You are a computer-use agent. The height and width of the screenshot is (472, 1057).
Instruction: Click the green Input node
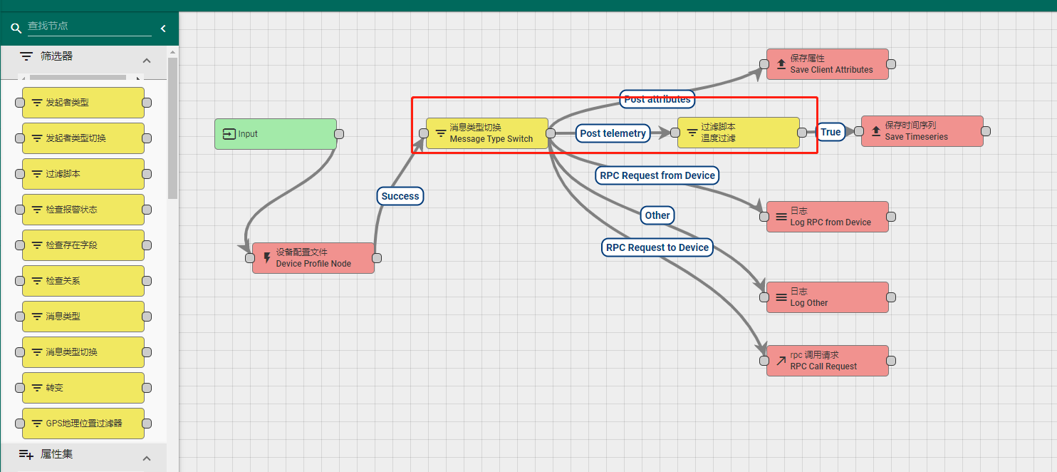point(276,134)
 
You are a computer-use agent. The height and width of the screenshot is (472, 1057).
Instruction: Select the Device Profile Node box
point(313,258)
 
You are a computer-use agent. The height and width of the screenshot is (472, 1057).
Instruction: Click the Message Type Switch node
point(487,133)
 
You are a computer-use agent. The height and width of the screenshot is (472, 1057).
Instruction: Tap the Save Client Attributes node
point(828,64)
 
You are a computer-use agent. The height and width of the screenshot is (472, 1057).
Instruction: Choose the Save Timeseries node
point(922,131)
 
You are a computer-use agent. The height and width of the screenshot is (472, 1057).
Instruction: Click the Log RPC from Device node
point(828,217)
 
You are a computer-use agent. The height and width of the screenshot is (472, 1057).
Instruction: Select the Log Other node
point(828,297)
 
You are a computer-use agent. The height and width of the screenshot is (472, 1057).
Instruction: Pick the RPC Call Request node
point(828,361)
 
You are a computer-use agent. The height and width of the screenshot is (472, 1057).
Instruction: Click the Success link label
point(400,196)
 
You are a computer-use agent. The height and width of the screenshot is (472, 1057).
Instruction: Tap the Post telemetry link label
point(613,133)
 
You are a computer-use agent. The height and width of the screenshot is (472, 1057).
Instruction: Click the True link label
point(830,132)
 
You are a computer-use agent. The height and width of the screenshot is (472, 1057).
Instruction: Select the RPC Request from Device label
point(657,175)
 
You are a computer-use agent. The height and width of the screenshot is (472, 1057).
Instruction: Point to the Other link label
point(657,215)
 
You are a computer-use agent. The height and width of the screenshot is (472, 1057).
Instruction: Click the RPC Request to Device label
point(657,247)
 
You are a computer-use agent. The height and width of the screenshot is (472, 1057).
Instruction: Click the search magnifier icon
point(16,29)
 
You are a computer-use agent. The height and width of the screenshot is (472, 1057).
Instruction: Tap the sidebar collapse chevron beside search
point(163,29)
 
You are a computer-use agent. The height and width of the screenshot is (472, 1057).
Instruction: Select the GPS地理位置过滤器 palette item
point(83,424)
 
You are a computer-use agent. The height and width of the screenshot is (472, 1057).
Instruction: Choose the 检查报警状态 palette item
point(83,210)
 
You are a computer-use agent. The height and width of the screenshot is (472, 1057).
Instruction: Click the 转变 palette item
point(83,388)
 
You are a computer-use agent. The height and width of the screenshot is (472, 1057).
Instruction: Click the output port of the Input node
point(340,134)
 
